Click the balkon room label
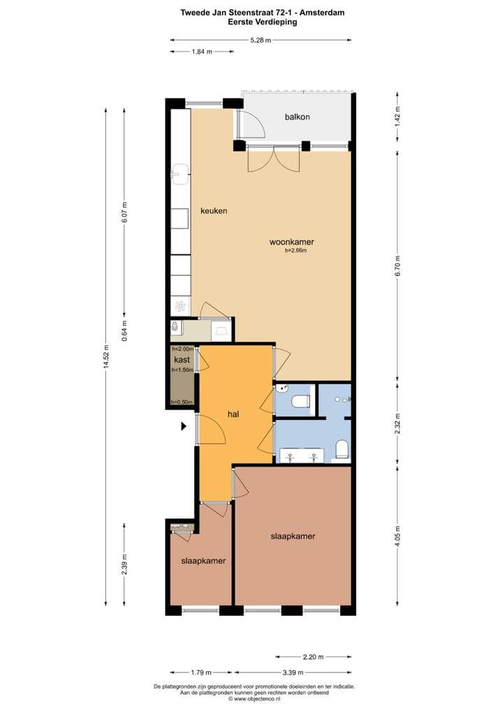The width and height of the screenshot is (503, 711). [x=297, y=117]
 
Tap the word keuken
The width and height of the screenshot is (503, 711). [x=214, y=211]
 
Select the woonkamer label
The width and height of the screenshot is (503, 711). [x=291, y=242]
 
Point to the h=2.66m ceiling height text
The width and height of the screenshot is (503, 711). [x=296, y=250]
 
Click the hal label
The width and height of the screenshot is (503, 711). [x=233, y=414]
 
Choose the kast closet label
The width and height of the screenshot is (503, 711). [x=182, y=360]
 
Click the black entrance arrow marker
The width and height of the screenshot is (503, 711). [x=184, y=426]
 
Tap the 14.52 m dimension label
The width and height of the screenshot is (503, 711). [x=106, y=358]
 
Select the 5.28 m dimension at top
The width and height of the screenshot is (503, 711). [x=261, y=41]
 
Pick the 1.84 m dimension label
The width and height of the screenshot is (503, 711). [x=202, y=52]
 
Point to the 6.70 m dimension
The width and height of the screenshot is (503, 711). [x=398, y=267]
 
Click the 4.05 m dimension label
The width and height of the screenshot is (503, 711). [x=398, y=536]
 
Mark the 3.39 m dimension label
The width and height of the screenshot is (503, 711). [x=293, y=673]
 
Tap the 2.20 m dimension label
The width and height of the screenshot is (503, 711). [x=313, y=657]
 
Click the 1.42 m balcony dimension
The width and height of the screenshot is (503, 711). [x=398, y=116]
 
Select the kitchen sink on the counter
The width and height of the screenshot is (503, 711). [x=180, y=175]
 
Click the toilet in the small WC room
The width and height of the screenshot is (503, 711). [x=300, y=401]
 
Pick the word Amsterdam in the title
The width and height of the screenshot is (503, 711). [x=322, y=13]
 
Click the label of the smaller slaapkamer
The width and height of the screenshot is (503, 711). [x=203, y=561]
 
